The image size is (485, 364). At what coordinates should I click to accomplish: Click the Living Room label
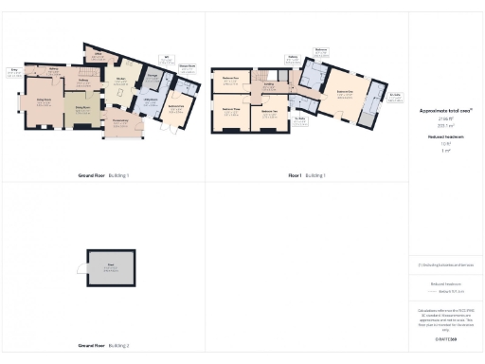point(44,102)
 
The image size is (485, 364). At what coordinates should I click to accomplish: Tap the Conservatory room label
point(120,122)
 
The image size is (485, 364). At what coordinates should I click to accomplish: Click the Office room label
point(98,56)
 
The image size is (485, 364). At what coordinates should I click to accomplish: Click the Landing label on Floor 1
point(269,85)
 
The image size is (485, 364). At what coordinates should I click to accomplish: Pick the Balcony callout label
point(293,56)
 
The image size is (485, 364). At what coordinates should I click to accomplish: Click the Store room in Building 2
point(111,269)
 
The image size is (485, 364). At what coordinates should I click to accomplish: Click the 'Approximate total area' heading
point(444,110)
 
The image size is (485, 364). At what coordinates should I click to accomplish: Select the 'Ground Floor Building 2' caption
point(104,345)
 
